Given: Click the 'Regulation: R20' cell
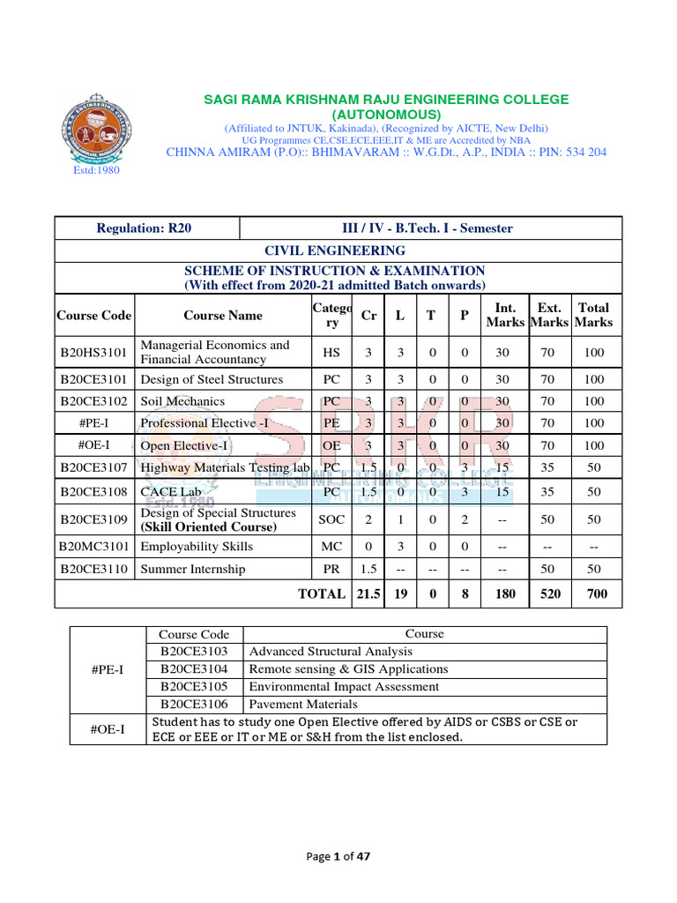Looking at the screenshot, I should (144, 228).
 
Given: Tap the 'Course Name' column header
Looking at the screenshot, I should (223, 315).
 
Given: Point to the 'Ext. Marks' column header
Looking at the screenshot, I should (549, 315).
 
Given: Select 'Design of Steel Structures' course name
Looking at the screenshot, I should (212, 379).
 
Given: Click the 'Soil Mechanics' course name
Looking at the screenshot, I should (182, 401).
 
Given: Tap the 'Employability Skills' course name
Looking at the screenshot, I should (197, 547).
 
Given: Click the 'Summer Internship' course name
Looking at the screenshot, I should (193, 570).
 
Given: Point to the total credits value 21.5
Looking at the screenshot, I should (368, 594).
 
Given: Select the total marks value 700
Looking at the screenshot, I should (597, 594).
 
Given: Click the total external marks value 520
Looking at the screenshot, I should (549, 594).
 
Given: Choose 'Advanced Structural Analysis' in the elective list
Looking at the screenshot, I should (331, 652).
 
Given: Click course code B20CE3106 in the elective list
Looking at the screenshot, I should (194, 705).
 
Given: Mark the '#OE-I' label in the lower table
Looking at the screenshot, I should (108, 729).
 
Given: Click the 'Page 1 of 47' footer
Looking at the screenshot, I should (338, 856).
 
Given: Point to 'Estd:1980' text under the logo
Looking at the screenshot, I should (95, 170).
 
